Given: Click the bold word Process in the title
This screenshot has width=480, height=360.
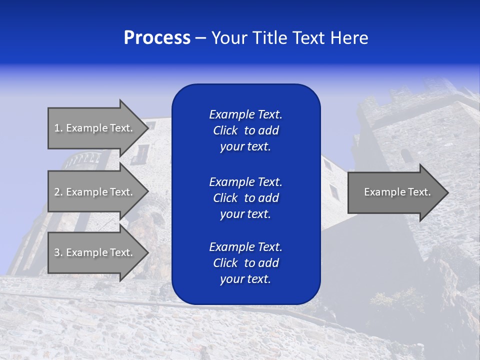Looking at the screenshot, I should [x=157, y=38].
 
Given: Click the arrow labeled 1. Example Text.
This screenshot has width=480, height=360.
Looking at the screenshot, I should [x=95, y=128].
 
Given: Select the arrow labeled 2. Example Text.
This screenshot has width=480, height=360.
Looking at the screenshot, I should [x=95, y=192].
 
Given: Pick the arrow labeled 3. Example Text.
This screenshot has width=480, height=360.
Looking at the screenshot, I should [x=95, y=252].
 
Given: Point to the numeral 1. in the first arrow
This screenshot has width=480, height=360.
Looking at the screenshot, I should [x=58, y=128].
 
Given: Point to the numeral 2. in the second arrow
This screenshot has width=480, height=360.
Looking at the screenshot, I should [x=58, y=192].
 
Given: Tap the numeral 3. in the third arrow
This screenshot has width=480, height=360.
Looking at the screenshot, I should [x=58, y=252].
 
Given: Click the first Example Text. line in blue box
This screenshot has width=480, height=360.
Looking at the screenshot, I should [x=245, y=114].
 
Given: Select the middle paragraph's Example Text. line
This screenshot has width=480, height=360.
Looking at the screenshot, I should [x=245, y=181].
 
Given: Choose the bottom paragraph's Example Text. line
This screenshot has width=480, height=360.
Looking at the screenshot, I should [x=245, y=247].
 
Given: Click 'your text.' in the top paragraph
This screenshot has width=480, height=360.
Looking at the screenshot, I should [x=245, y=147].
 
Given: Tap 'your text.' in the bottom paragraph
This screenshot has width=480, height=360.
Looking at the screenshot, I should [x=245, y=279].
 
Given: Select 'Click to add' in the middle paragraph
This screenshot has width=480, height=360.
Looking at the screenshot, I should [x=245, y=198].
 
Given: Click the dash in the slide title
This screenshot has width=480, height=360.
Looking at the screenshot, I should [x=200, y=38].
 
